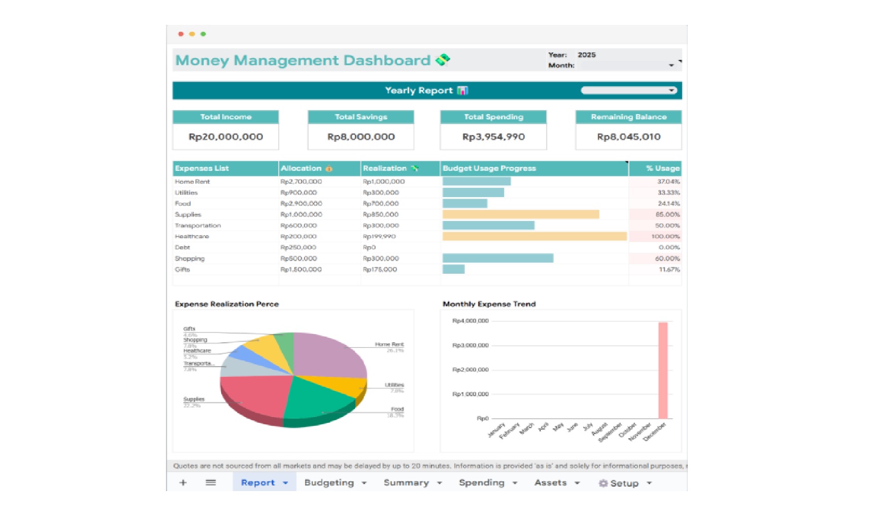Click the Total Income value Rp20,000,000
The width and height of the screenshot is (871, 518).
point(225,137)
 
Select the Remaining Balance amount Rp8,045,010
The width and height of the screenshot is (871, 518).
point(628,137)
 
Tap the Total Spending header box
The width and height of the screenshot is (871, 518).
point(493,117)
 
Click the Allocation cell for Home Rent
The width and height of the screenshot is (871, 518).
point(301,182)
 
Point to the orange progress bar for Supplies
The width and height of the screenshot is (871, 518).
point(520,215)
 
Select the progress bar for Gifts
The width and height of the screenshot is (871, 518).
point(453,270)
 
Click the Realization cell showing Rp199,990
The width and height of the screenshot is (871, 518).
point(379,237)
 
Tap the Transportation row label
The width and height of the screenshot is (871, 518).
point(198,225)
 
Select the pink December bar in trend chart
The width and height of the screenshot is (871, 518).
point(662,371)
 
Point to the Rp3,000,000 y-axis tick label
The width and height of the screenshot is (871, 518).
point(470,345)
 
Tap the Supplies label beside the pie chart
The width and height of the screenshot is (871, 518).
point(193,399)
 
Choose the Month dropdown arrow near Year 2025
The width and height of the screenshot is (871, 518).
point(671,66)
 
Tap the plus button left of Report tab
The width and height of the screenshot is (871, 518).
point(183,482)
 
